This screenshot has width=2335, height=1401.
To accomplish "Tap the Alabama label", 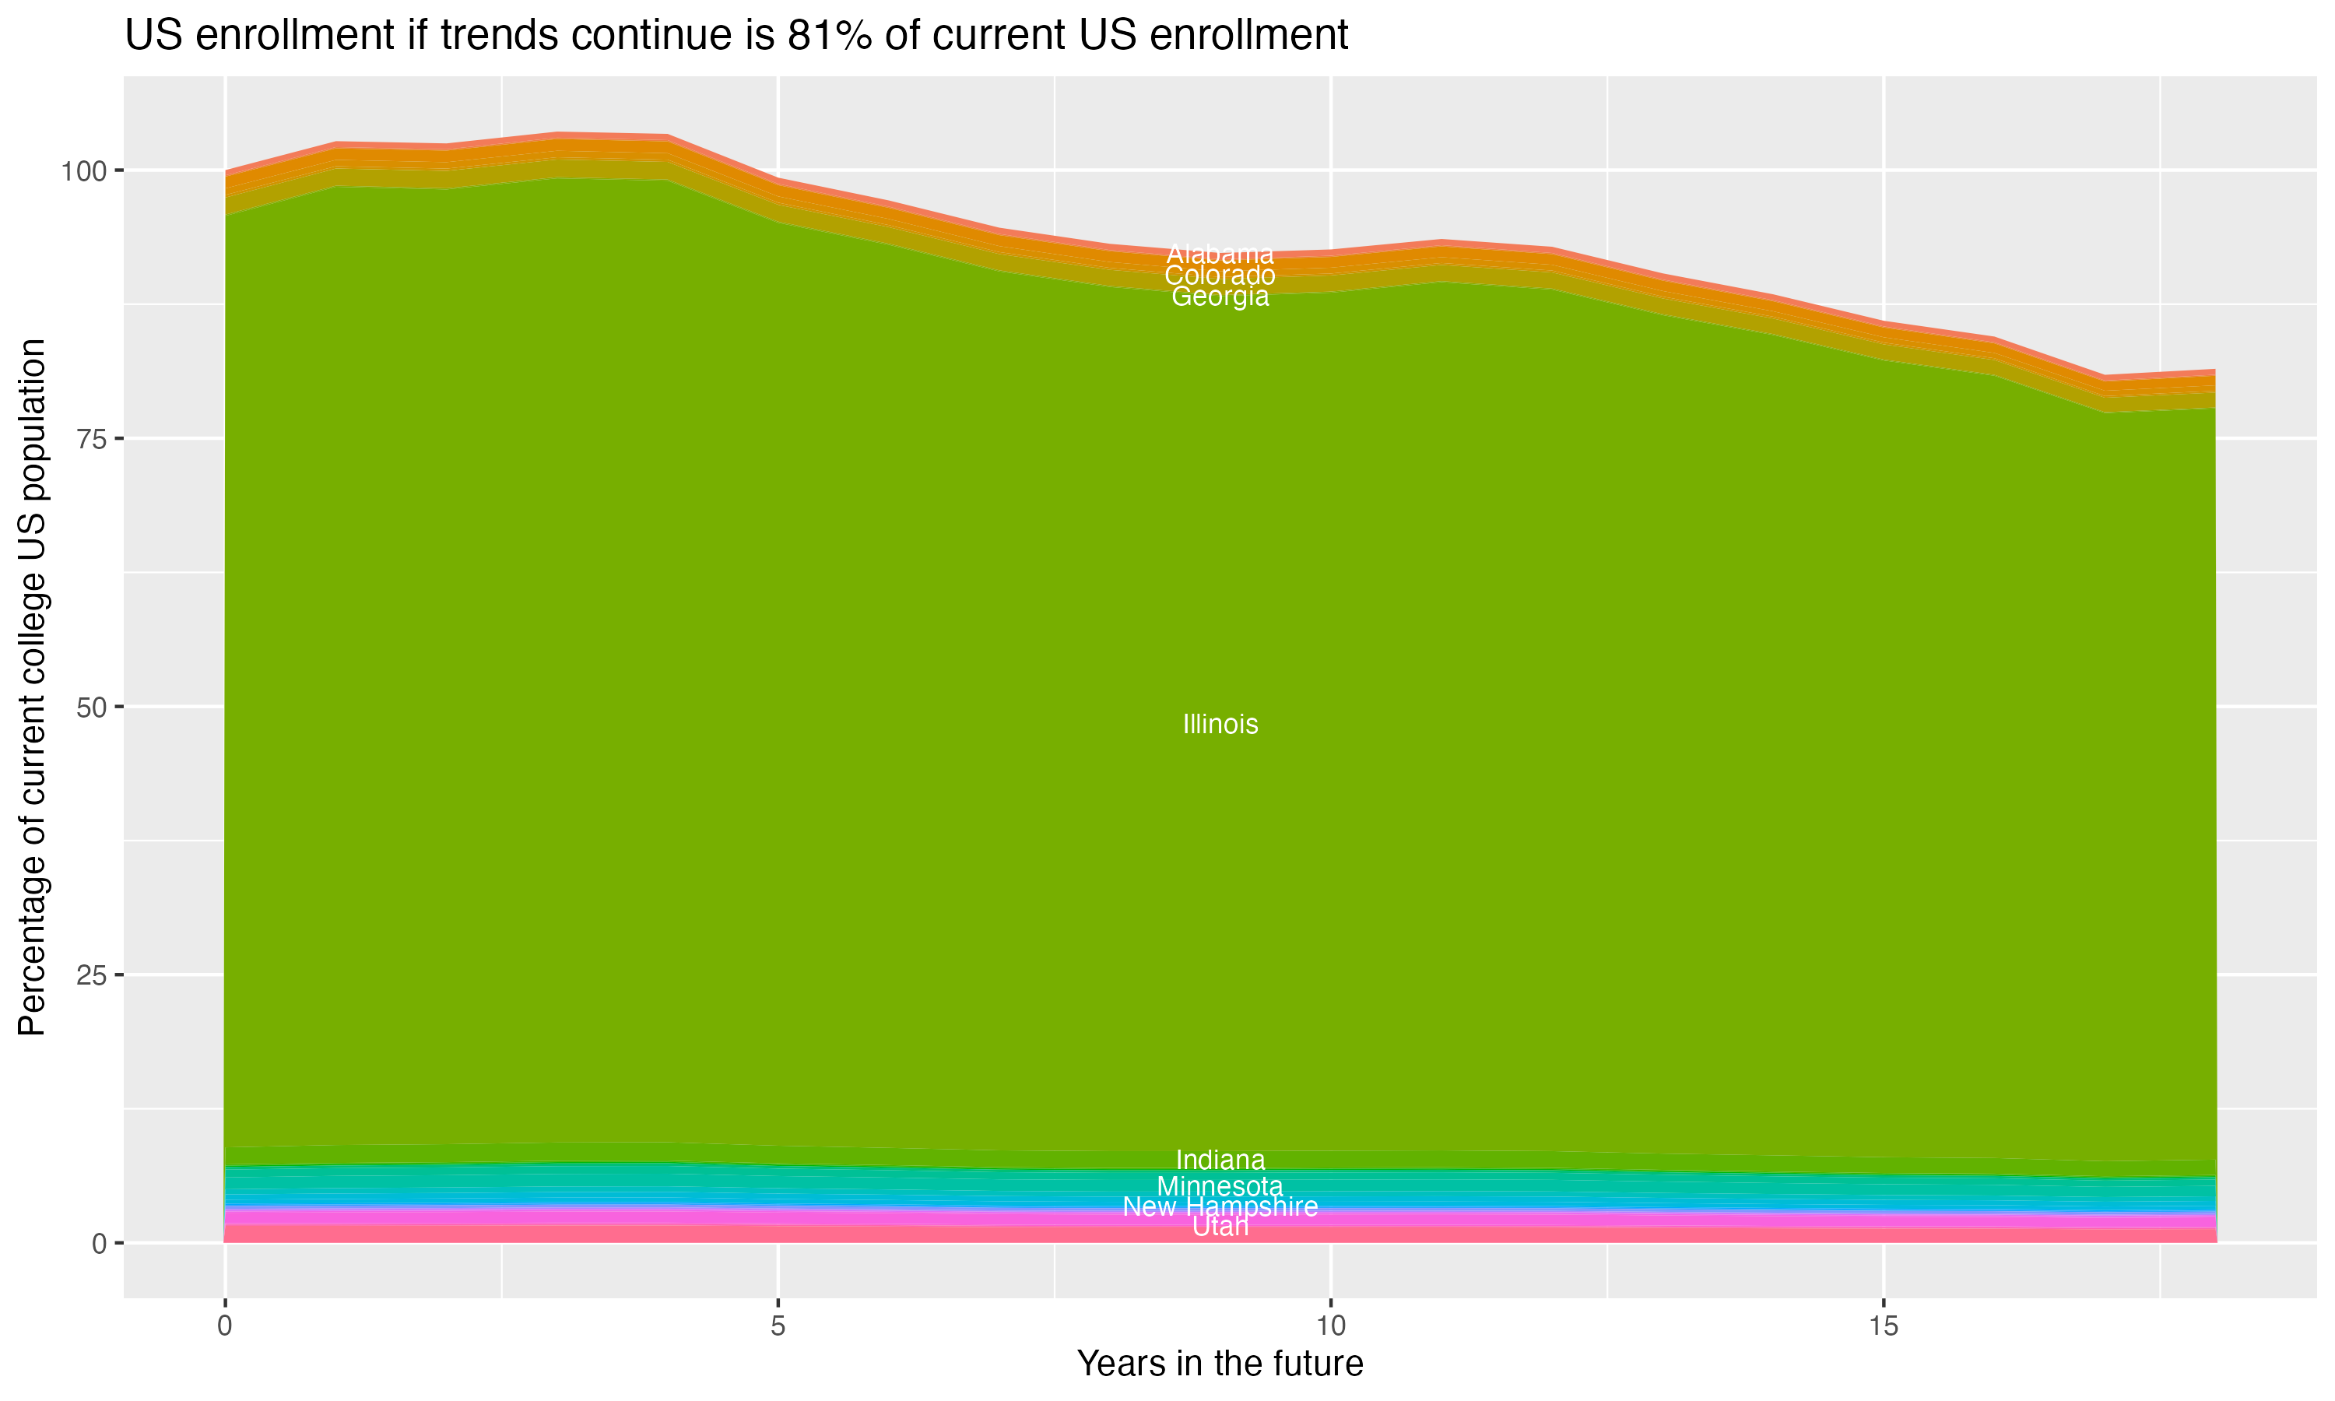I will [x=1220, y=254].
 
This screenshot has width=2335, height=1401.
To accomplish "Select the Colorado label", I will [x=1220, y=276].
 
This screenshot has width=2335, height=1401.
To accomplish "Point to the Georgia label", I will [x=1220, y=297].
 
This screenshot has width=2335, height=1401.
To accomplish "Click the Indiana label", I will [x=1220, y=1160].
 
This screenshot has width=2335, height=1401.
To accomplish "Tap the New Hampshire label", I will [x=1220, y=1206].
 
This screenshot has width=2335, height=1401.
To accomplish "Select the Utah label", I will [x=1220, y=1227].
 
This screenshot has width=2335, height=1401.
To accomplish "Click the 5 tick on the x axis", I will [x=778, y=1326].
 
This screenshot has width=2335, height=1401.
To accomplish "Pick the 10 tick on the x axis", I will [x=1330, y=1326].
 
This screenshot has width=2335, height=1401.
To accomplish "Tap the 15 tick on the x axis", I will [x=1883, y=1326].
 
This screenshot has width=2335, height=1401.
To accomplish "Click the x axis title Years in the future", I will [x=1220, y=1363].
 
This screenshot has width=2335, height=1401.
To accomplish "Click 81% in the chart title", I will [x=829, y=36].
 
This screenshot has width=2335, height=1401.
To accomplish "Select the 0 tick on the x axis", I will [x=225, y=1326].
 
